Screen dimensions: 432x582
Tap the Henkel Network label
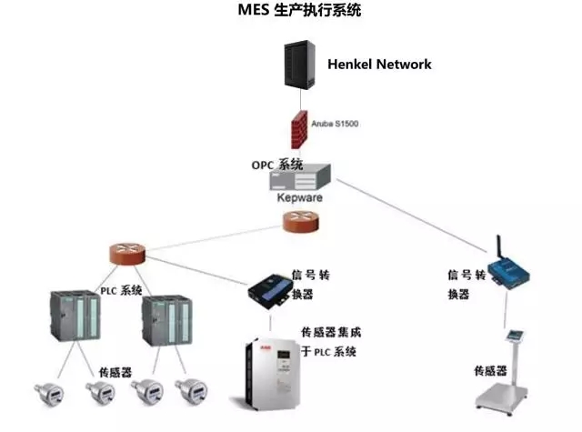click(x=379, y=65)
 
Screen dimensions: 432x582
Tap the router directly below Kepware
click(x=300, y=220)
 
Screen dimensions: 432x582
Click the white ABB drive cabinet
click(x=270, y=374)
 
